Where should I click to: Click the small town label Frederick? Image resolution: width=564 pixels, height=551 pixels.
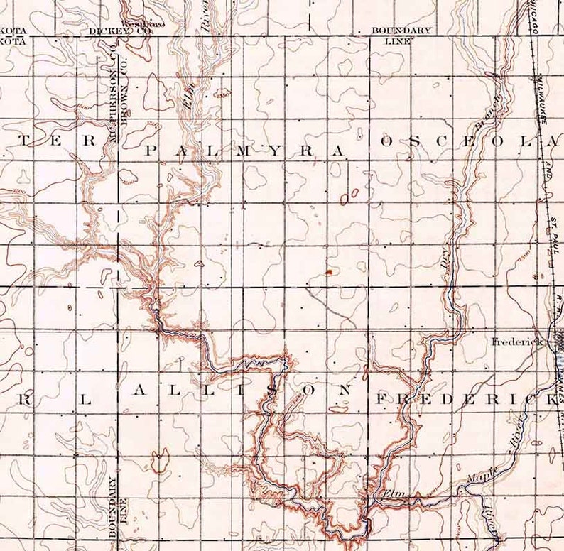pyautogui.click(x=517, y=342)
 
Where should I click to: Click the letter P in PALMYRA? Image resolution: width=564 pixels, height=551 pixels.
pyautogui.click(x=150, y=150)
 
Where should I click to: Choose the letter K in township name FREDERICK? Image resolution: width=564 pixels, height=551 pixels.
pyautogui.click(x=553, y=400)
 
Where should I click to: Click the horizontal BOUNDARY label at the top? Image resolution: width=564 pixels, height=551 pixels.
pyautogui.click(x=401, y=31)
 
